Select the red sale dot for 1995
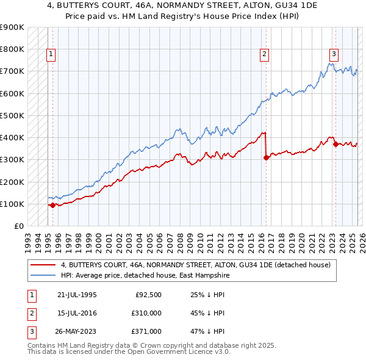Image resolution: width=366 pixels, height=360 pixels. point(52,206)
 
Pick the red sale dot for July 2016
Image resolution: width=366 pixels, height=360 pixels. point(266,157)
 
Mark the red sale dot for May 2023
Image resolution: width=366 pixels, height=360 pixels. point(335,144)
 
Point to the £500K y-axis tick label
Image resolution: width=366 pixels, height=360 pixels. point(12,115)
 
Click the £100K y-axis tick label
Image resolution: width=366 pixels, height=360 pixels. point(12,204)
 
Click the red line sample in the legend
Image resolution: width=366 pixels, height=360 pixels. point(42,265)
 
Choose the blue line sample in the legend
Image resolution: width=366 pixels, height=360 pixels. point(42,276)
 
